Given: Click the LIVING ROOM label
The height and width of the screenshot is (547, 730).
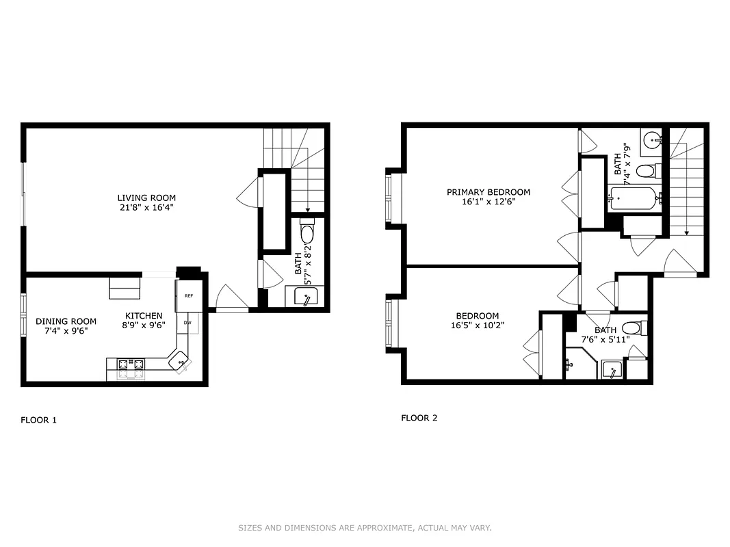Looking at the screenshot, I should pyautogui.click(x=141, y=198).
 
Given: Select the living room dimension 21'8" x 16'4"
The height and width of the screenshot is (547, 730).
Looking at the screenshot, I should pyautogui.click(x=141, y=208).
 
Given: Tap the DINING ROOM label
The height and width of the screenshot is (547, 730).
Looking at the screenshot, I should pyautogui.click(x=66, y=321).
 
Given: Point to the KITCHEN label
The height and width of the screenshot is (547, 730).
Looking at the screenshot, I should pyautogui.click(x=143, y=316).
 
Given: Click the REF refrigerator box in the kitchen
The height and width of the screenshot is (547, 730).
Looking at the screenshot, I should pyautogui.click(x=189, y=296).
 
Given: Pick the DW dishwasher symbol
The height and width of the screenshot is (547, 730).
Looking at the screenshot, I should pyautogui.click(x=187, y=323).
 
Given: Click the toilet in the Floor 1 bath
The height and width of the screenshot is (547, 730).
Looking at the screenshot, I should pyautogui.click(x=307, y=233).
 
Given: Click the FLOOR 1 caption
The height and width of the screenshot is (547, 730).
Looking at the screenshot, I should pyautogui.click(x=38, y=420).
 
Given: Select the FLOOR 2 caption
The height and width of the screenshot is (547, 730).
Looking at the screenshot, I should pyautogui.click(x=419, y=418).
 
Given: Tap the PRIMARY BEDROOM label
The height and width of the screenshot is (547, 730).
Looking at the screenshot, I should pyautogui.click(x=488, y=192).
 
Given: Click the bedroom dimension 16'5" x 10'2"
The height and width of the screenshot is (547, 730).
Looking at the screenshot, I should pyautogui.click(x=478, y=325).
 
